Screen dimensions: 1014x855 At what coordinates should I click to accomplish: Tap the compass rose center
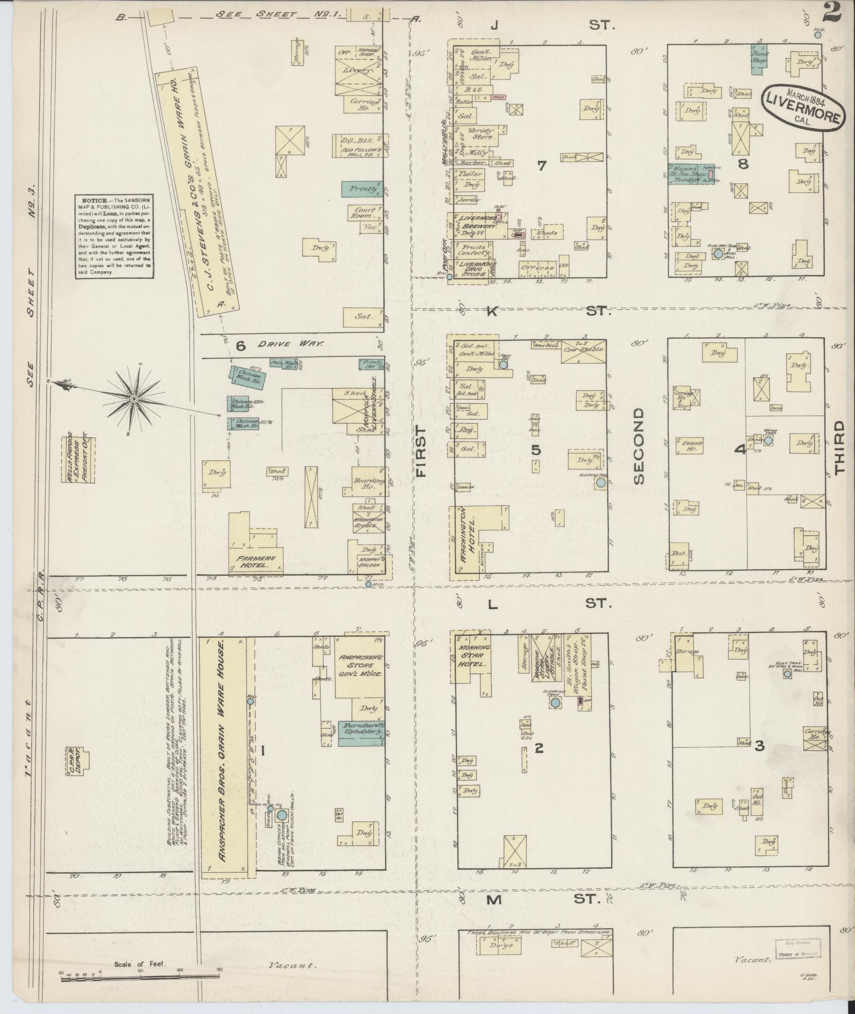point(134,398)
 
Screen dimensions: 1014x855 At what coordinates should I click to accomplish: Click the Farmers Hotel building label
point(256,562)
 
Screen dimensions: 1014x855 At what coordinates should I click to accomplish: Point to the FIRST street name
point(422,451)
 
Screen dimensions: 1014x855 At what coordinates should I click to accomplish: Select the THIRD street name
point(840,447)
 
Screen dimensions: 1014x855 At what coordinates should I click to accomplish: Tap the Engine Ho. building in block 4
point(690,445)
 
